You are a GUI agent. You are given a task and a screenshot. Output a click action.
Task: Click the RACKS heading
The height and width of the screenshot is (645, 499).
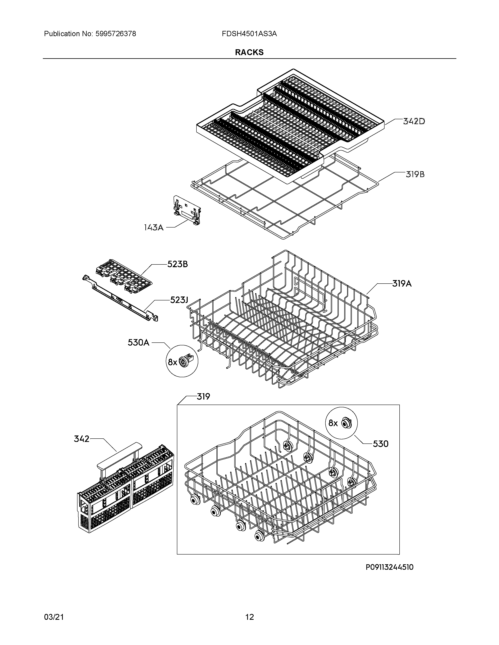point(249,52)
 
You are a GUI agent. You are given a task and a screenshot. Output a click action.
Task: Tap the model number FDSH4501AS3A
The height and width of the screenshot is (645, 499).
point(249,34)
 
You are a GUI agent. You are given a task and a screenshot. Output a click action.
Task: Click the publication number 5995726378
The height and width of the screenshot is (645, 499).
point(116,34)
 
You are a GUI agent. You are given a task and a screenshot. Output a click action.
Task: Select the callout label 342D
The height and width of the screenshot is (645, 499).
point(414,121)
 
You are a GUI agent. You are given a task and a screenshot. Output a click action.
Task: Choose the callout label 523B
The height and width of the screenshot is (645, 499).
point(177,264)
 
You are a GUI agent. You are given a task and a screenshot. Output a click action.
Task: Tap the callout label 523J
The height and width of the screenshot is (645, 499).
point(179,300)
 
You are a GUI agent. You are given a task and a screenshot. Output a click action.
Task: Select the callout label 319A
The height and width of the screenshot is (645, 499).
point(402,284)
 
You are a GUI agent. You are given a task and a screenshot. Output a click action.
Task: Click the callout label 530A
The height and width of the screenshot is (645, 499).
point(138,343)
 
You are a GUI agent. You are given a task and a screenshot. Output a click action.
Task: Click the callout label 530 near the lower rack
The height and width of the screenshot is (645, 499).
point(380,452)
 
